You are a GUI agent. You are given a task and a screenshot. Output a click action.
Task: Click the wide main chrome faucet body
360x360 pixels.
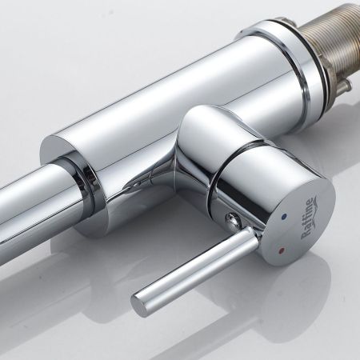coord(184,96)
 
